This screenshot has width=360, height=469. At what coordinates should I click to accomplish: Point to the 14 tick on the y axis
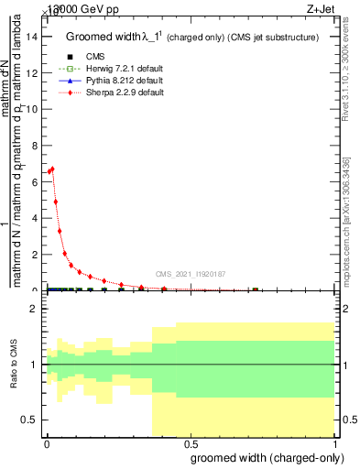click(37, 37)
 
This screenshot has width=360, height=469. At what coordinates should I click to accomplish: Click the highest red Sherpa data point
click(52, 169)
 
